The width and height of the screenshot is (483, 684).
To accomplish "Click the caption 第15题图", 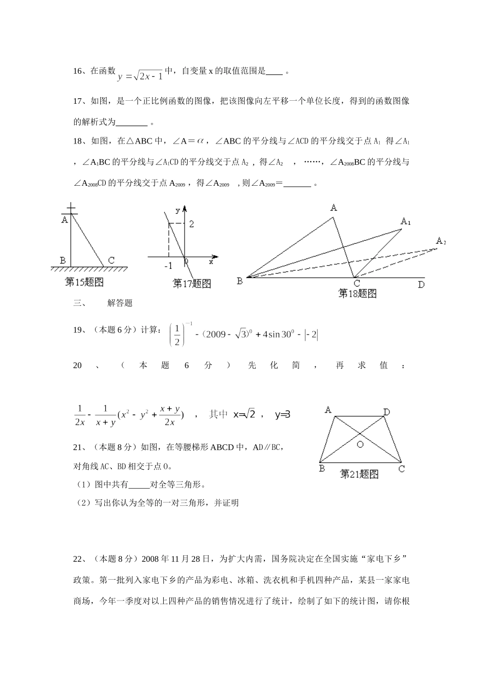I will pos(84,282).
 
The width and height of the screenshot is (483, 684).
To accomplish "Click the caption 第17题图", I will pos(192,283).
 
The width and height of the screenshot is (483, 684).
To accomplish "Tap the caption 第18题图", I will pos(357,293).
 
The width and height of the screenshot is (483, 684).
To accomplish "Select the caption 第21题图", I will pos(359,474).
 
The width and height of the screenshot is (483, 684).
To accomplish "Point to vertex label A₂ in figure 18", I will pos(440,241).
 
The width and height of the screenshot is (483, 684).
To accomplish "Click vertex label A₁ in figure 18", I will pos(406,221).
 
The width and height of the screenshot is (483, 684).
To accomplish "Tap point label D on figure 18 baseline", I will pos(421,284).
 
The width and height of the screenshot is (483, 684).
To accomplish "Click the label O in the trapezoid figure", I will pos(359,444).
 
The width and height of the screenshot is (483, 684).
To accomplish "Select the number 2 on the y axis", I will pos(192,224).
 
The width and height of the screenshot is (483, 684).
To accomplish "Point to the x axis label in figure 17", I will pos(210,262).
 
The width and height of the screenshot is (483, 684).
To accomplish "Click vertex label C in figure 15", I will pos(111,261).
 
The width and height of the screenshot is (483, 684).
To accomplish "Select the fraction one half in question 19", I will pos(176,335).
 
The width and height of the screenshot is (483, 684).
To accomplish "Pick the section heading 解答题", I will pos(120,303).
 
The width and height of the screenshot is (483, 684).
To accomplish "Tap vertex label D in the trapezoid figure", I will pos(386,412).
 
